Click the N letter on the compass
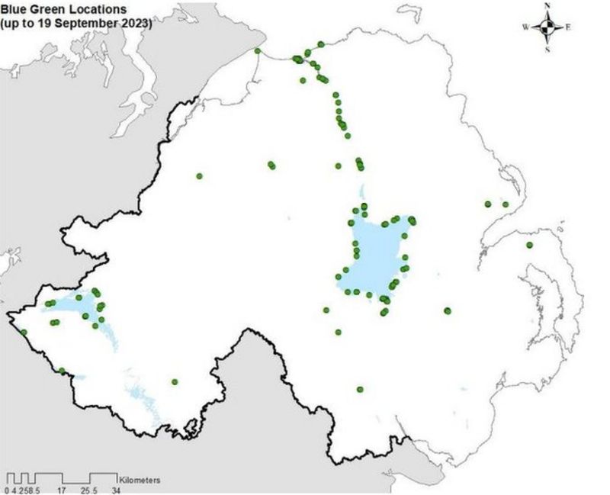[x=547, y=6]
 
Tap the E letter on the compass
[x=569, y=27]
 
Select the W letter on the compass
[x=525, y=27]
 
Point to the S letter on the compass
[x=547, y=49]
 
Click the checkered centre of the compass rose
[x=547, y=27]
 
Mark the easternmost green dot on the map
[x=529, y=245]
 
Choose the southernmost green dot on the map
[x=360, y=390]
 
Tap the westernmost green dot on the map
[x=24, y=333]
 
